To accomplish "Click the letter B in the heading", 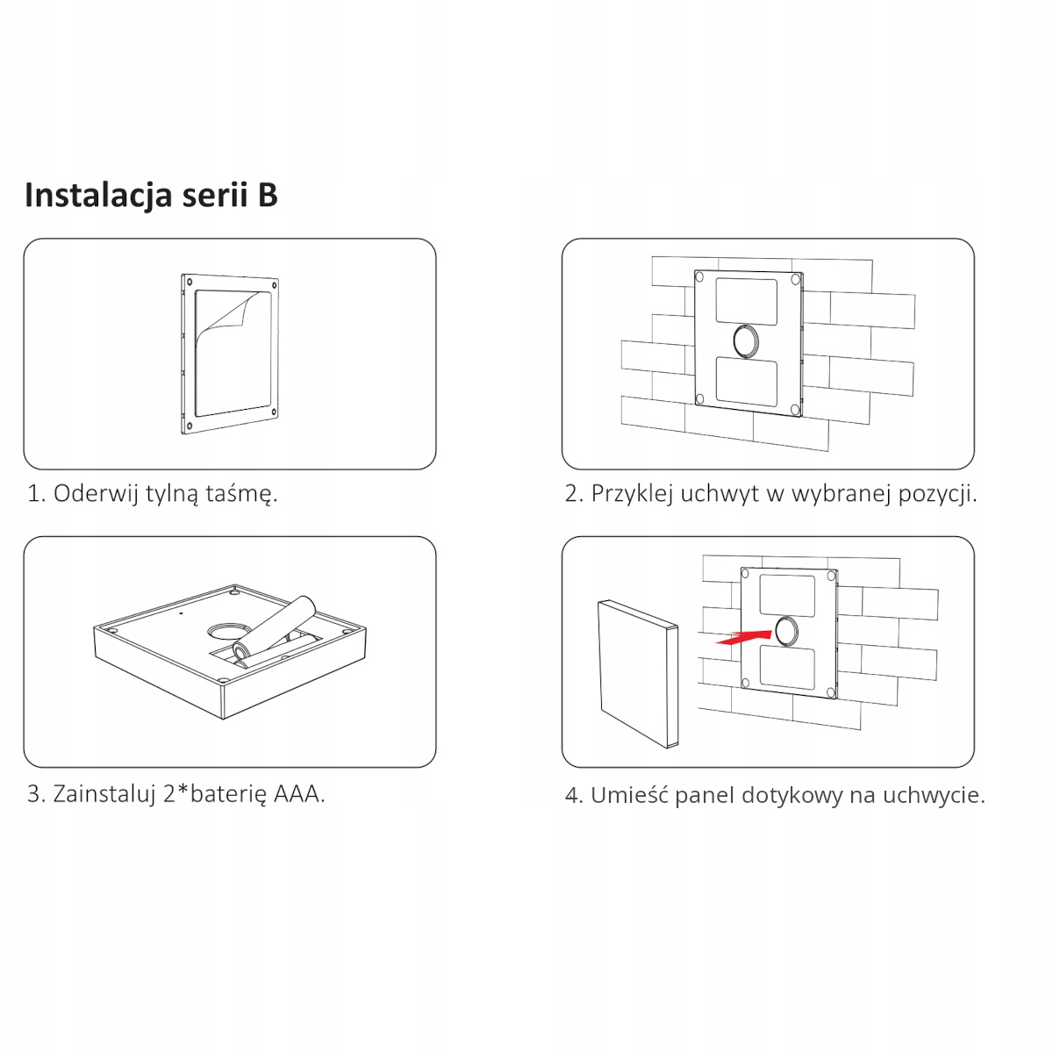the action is pos(268,195).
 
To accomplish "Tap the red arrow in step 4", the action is pos(743,636).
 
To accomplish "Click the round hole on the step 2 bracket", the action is pos(745,341).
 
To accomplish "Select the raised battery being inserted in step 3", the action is pos(275,627).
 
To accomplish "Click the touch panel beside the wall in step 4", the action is pos(638,674).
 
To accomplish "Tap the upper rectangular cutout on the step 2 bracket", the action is pos(747,302).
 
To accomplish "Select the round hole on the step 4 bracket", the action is pos(785,631).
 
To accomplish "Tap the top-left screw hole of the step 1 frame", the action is pos(190,282).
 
